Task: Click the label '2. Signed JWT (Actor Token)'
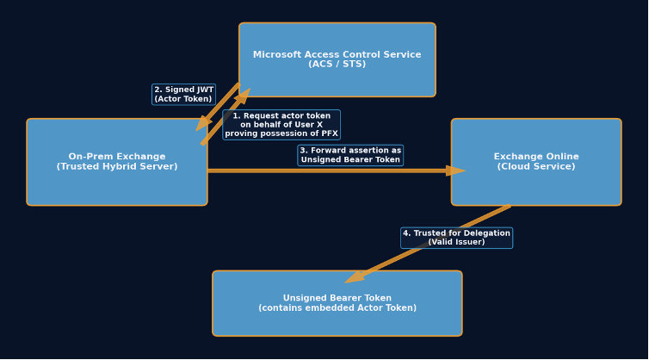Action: pos(183,94)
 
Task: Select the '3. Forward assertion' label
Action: pos(350,155)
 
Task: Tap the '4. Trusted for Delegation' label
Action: pos(456,238)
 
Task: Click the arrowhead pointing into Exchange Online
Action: pos(455,171)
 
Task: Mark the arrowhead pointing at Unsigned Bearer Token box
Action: pos(354,277)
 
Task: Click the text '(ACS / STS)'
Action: pos(337,65)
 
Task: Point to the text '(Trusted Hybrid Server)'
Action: pos(117,167)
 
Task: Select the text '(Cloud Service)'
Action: pos(536,167)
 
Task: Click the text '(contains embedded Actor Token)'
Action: pos(337,308)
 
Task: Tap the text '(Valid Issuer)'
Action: pos(456,242)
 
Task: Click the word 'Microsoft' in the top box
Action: pos(278,55)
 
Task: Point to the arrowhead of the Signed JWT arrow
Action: pos(203,123)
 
